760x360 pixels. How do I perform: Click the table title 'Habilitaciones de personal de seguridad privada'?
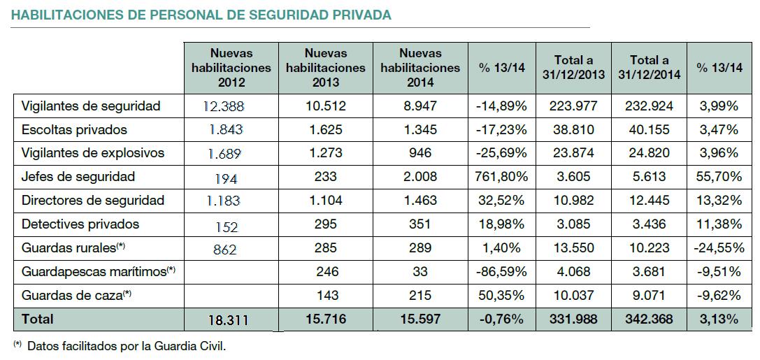pyautogui.click(x=201, y=15)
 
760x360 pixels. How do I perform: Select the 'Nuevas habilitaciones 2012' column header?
pyautogui.click(x=231, y=68)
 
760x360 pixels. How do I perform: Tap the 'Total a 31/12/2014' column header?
pyautogui.click(x=649, y=68)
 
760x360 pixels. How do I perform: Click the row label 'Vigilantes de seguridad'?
pyautogui.click(x=91, y=106)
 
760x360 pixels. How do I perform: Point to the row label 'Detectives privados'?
pyautogui.click(x=80, y=224)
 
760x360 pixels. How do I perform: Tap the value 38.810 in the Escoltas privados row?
pyautogui.click(x=573, y=130)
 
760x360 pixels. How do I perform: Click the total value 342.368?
pyautogui.click(x=649, y=319)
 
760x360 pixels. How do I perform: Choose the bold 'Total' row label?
pyautogui.click(x=38, y=319)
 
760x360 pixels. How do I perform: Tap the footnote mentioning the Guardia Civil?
pyautogui.click(x=120, y=346)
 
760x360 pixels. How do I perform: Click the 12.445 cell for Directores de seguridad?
pyautogui.click(x=649, y=201)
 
